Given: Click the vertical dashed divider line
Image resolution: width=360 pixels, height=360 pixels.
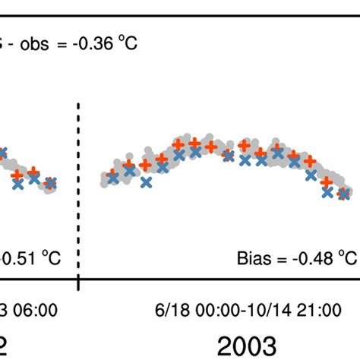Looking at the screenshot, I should click(79, 190).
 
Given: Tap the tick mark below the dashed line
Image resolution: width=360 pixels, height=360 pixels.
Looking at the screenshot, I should click(79, 283).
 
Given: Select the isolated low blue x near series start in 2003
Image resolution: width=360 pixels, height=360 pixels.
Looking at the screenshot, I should click(146, 183).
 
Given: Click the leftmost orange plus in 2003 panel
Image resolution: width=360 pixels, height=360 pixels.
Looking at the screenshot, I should click(113, 174).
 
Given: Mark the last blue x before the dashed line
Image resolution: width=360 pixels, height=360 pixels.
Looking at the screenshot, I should click(51, 183).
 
